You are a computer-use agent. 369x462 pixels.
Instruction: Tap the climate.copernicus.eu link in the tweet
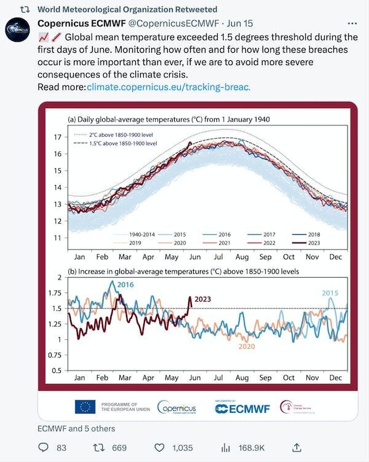[169, 87]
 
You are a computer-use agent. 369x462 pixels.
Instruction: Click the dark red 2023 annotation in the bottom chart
[203, 299]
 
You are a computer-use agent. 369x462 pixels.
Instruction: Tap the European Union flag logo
[85, 406]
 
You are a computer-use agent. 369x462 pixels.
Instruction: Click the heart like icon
[159, 448]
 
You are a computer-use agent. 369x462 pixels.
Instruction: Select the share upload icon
[296, 447]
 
